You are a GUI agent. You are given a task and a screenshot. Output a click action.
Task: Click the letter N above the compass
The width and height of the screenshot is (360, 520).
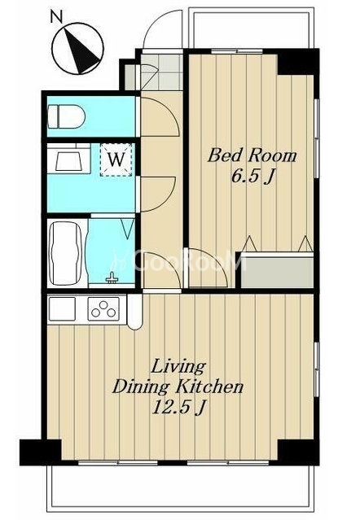pos(56,16)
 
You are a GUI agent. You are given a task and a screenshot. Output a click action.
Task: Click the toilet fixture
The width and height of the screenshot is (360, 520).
pos(66,116)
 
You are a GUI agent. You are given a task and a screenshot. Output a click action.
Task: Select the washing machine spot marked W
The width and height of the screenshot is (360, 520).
pos(116,159)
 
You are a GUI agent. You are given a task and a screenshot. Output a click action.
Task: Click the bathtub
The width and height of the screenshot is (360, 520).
pos(65,253)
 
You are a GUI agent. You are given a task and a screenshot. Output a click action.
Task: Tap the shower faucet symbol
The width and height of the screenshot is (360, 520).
pos(112,278)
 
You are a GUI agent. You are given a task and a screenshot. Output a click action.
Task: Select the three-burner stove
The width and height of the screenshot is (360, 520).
pos(103,308)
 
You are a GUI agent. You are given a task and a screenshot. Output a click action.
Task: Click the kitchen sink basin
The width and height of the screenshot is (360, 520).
pos(62,308)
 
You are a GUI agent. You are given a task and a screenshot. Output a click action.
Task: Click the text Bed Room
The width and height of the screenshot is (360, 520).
pos(252,155)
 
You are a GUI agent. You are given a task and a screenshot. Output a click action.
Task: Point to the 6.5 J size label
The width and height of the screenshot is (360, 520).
pos(252,177)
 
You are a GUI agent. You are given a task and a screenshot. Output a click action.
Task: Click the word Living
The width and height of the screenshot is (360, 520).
pos(178,367)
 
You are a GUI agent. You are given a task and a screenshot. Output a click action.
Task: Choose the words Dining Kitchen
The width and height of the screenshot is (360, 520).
pos(178,387)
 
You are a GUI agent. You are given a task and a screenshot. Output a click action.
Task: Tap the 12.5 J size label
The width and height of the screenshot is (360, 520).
pos(178,407)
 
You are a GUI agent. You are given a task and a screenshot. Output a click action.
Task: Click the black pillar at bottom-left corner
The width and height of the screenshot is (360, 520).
pos(41,452)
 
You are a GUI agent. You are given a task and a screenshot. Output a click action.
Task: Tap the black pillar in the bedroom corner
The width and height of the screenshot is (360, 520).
pos(297,62)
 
